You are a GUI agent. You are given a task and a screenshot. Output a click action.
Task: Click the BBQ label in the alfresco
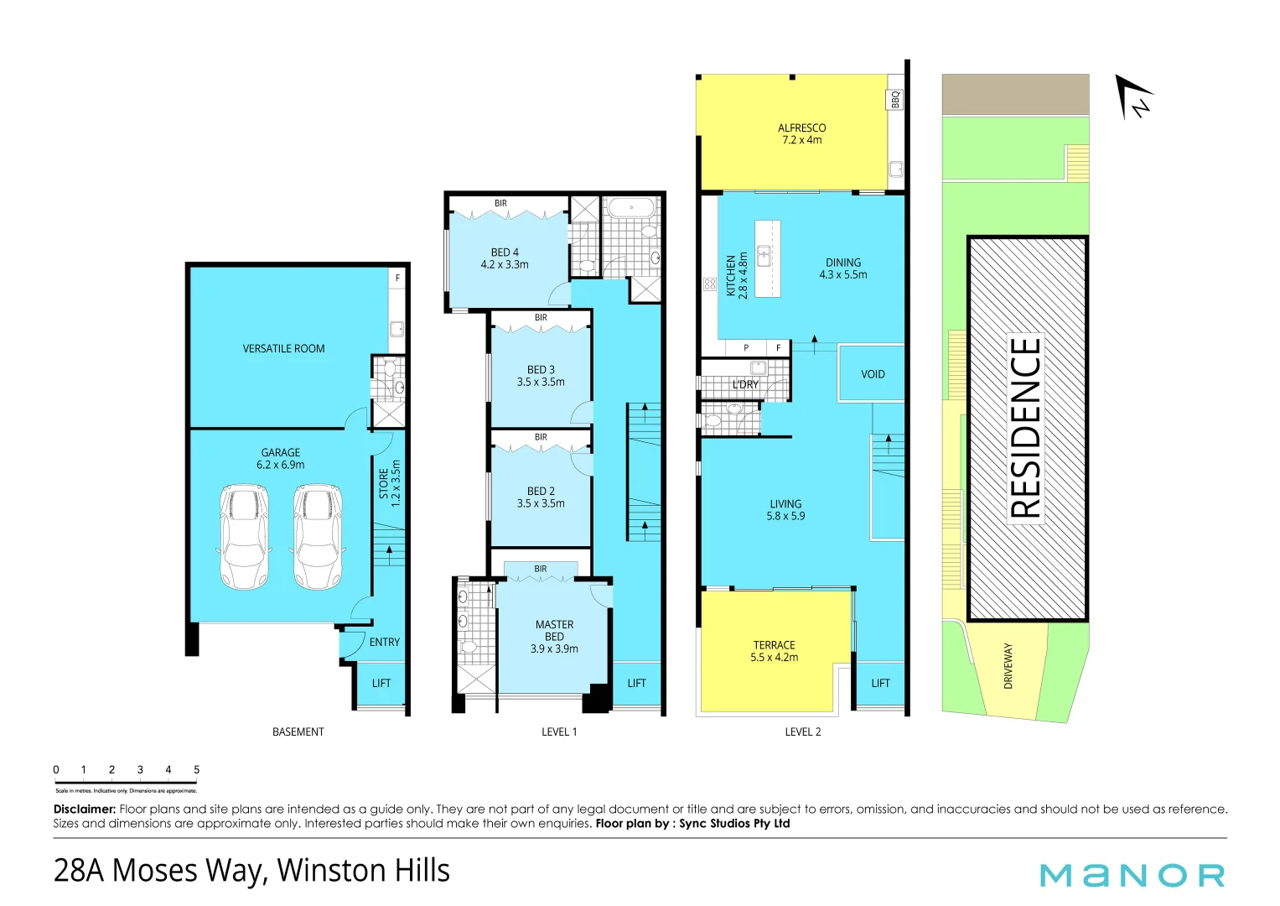(895, 100)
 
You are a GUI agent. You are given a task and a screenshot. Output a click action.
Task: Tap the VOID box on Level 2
(872, 374)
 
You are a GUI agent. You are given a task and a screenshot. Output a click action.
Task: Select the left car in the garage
(244, 536)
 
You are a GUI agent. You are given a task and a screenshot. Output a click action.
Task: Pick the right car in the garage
(318, 536)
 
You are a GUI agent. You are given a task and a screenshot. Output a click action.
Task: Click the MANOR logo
(1132, 875)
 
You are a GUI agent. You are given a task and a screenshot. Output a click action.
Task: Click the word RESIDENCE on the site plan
(1026, 428)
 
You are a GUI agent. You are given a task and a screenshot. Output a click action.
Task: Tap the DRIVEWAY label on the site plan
(1008, 666)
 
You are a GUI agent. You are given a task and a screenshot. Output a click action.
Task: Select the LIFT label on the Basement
(381, 683)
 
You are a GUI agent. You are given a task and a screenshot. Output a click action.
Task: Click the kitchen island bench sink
(764, 255)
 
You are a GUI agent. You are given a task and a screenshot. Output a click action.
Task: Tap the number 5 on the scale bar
(196, 769)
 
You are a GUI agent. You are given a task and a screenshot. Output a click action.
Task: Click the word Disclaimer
(84, 809)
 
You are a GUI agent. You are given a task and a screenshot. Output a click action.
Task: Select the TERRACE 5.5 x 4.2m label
(774, 651)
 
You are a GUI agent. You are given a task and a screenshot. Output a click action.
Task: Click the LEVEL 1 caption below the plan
(559, 732)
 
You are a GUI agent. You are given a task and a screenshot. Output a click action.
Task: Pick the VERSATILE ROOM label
(283, 348)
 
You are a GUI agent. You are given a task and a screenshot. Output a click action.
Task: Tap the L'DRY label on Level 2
(745, 384)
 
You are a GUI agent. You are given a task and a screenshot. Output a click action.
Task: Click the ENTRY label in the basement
(384, 642)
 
